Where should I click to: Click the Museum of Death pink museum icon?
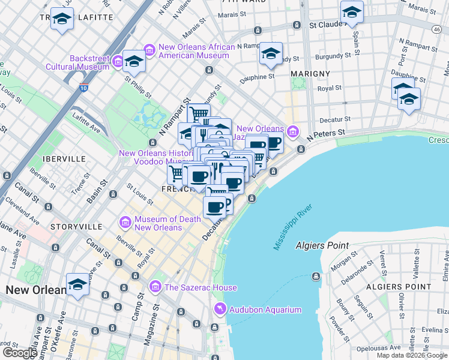point(125,223)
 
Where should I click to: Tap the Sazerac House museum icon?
point(156,287)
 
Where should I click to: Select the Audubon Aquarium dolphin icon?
point(220,309)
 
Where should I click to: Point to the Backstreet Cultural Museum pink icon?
point(118,62)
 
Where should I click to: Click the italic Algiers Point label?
point(322,246)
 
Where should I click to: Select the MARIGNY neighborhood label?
point(310,73)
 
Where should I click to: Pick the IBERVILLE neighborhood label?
point(60,158)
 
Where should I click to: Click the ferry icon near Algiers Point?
point(316,277)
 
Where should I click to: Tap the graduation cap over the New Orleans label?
point(77,284)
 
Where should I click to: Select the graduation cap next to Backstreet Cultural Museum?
point(134,60)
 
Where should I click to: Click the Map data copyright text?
point(412,355)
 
